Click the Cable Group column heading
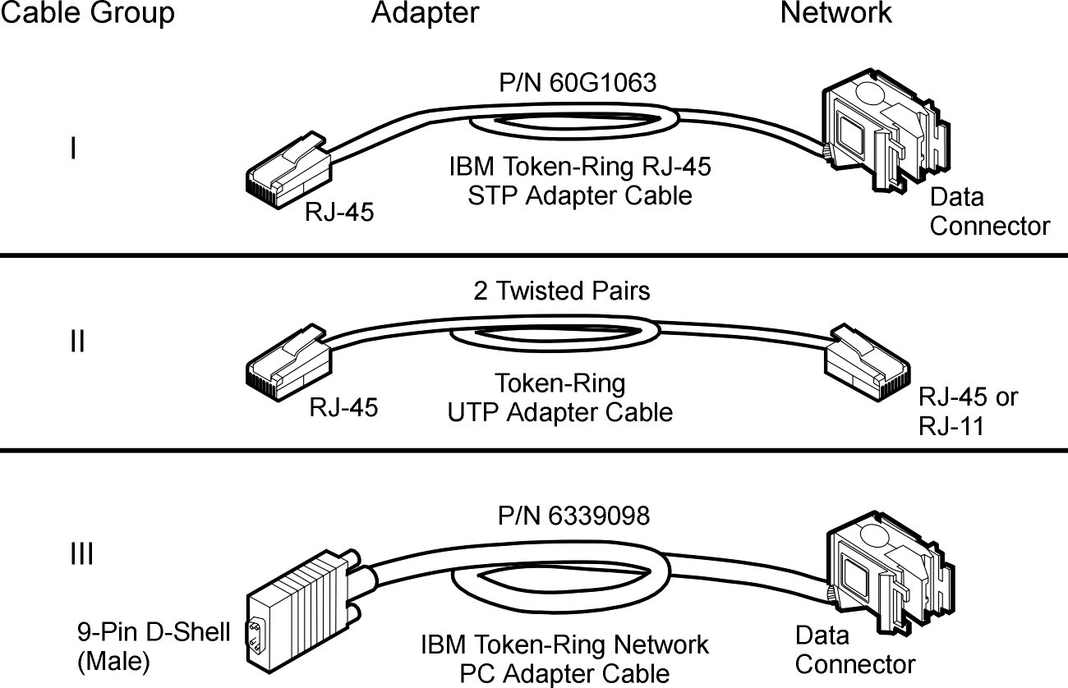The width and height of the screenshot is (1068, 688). click(87, 13)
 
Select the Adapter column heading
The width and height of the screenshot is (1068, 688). click(425, 13)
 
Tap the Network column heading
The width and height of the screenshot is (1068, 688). click(836, 13)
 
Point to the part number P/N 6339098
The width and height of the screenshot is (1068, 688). click(573, 516)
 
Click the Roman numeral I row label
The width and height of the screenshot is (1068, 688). click(74, 149)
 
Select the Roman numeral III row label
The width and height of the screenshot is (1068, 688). click(81, 556)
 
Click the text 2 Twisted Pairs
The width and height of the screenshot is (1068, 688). click(561, 291)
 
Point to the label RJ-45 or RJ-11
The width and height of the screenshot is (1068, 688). click(967, 411)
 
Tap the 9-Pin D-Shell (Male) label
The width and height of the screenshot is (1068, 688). click(154, 647)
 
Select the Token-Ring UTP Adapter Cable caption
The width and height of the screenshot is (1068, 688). click(560, 397)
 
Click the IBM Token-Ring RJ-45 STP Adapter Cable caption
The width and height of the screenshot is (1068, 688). click(580, 181)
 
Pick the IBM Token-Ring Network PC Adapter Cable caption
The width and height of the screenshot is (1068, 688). click(565, 659)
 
